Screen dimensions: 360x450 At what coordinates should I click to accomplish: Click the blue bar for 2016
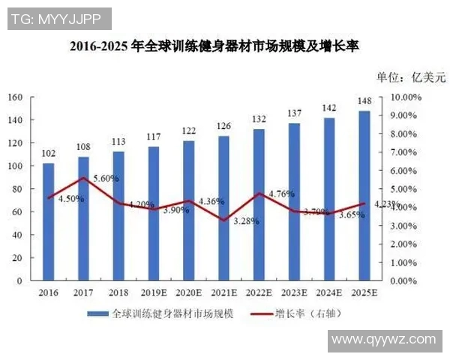click(x=49, y=225)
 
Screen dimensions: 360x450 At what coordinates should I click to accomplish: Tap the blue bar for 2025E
click(x=364, y=199)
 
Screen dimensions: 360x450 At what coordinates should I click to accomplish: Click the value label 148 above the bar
click(x=364, y=101)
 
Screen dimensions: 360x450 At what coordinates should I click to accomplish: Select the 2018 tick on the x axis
click(x=118, y=292)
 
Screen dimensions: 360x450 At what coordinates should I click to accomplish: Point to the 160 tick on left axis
click(x=16, y=97)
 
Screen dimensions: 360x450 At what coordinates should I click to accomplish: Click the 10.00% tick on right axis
click(x=407, y=97)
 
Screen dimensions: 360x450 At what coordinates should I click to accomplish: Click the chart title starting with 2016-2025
click(x=214, y=46)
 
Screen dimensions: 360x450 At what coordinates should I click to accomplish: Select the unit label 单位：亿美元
click(x=410, y=76)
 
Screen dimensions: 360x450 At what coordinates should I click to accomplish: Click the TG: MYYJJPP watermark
click(x=59, y=19)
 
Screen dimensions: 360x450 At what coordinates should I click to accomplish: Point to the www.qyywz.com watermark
click(x=382, y=339)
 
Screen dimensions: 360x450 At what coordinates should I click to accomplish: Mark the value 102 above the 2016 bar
click(x=49, y=154)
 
